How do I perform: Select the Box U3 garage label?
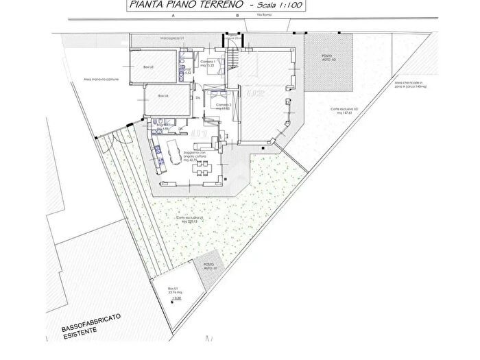pos(147,67)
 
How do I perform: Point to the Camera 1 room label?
pos(208,63)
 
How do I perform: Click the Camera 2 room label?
pos(223,106)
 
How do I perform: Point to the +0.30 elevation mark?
pos(176,298)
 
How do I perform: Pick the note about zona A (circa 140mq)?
pos(410,86)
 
